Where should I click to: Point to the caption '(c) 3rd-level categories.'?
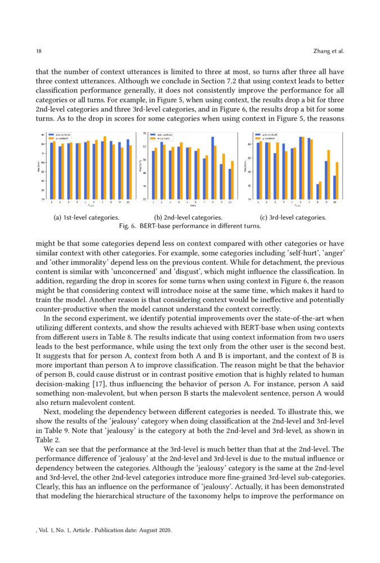click(x=292, y=217)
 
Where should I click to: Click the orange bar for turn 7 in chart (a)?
click(x=105, y=168)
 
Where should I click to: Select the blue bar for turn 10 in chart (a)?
click(x=128, y=169)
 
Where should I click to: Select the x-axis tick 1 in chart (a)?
click(x=52, y=202)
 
